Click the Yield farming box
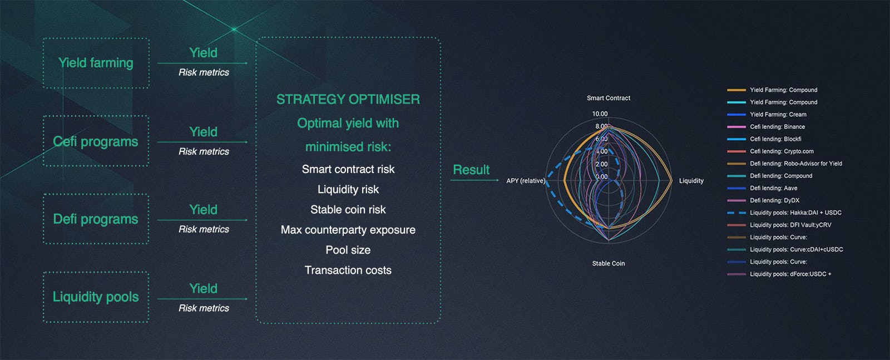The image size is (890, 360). click(96, 63)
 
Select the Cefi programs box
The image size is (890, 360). click(96, 141)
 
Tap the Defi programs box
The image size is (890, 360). click(96, 219)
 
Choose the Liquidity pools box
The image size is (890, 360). click(96, 297)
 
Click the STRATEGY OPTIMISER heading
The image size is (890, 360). click(348, 100)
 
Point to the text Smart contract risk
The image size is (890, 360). click(348, 169)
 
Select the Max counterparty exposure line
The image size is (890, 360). click(348, 230)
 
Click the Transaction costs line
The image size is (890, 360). click(348, 270)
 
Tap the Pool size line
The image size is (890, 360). click(348, 250)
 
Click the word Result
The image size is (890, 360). click(471, 170)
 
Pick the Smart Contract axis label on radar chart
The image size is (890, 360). click(609, 98)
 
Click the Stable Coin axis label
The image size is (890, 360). click(609, 263)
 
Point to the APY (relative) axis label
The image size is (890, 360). click(525, 181)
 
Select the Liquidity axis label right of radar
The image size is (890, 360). click(691, 181)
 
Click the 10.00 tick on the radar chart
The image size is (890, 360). click(600, 114)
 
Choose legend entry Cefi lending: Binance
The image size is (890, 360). click(766, 127)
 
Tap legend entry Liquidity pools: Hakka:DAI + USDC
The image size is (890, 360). click(784, 213)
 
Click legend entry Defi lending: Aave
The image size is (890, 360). click(762, 188)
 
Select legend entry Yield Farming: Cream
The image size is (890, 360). click(767, 115)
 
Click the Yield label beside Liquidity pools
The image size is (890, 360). click(204, 288)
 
